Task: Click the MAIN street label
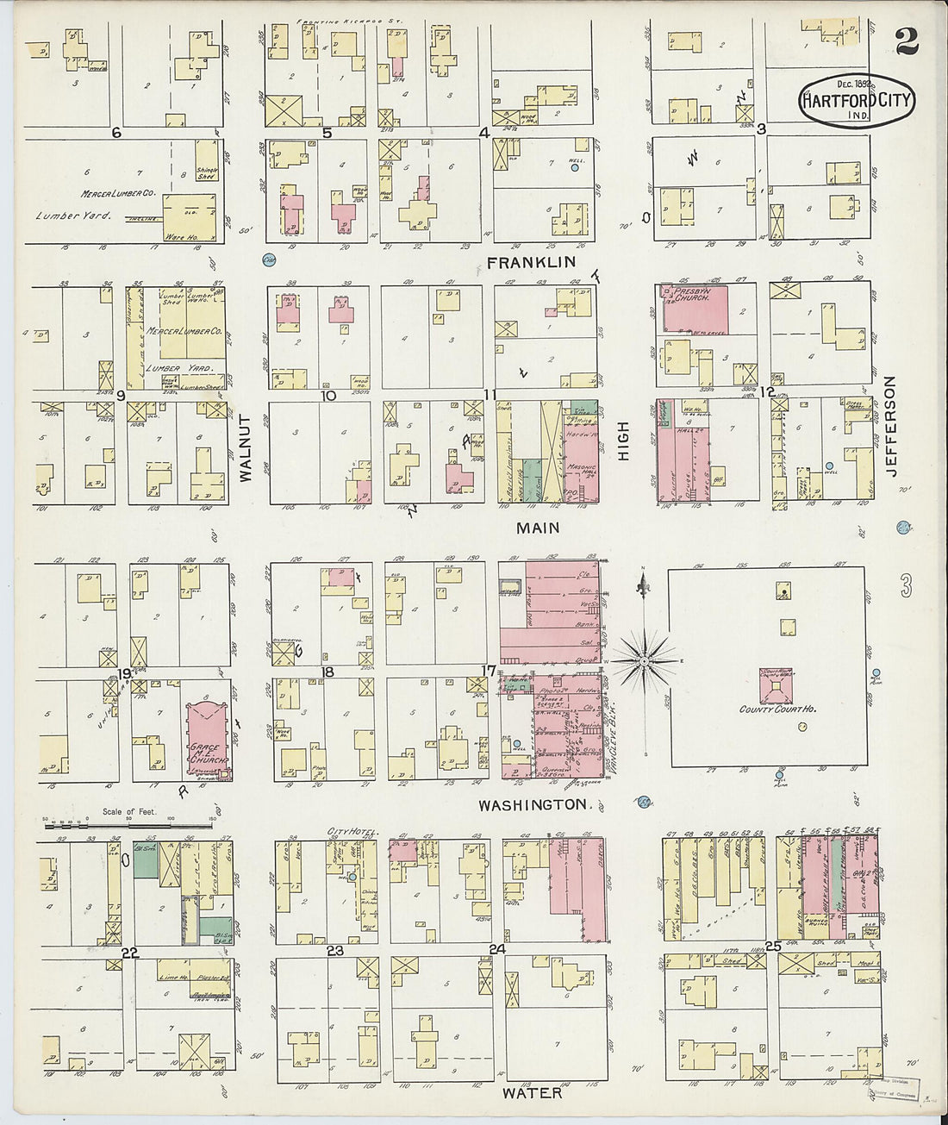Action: pos(539,528)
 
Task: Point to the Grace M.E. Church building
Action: pos(207,738)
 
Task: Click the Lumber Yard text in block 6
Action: pos(69,215)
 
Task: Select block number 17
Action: pos(489,671)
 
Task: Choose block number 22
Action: pos(130,952)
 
